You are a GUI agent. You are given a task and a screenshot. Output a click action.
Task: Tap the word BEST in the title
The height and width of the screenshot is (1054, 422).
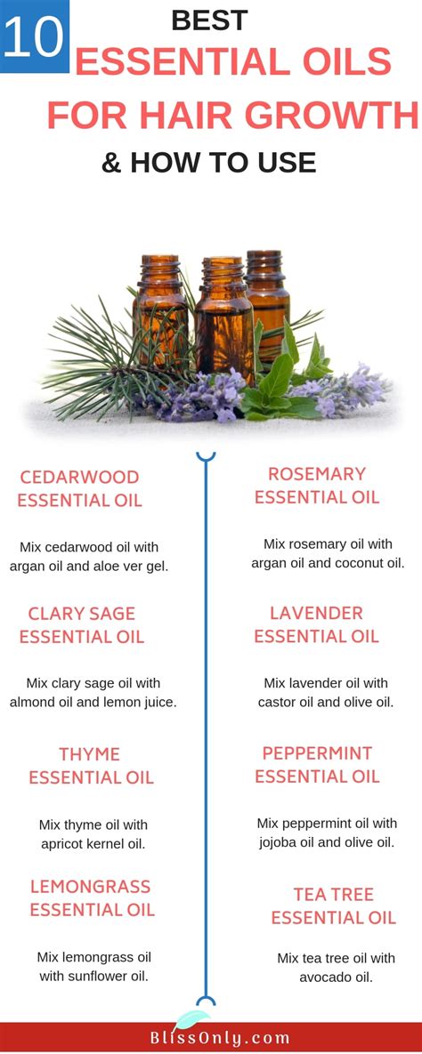tap(210, 20)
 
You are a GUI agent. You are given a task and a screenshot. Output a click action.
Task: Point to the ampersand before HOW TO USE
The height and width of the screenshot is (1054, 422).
tap(111, 163)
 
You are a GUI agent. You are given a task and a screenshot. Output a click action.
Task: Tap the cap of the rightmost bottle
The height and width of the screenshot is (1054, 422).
tap(264, 262)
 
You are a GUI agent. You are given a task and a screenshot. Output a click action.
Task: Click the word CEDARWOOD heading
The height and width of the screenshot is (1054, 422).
tap(79, 478)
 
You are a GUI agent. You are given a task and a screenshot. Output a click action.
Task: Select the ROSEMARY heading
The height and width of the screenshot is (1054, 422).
tap(317, 474)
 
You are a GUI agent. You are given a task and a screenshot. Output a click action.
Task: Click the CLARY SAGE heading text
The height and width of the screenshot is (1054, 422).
tap(81, 614)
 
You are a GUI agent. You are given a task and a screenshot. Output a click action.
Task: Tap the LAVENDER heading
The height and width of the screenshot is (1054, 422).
tap(316, 613)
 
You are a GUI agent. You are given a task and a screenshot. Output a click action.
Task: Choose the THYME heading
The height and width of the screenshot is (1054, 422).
tap(90, 754)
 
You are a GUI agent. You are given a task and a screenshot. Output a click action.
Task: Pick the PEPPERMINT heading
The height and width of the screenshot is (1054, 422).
tap(317, 752)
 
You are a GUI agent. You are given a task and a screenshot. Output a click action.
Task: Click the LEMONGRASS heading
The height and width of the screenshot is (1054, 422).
tap(90, 887)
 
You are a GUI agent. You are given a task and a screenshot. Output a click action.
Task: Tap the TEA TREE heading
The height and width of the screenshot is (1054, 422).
tap(333, 895)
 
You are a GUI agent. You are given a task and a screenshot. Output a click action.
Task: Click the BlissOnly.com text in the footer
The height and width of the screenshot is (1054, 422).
tap(211, 1038)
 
